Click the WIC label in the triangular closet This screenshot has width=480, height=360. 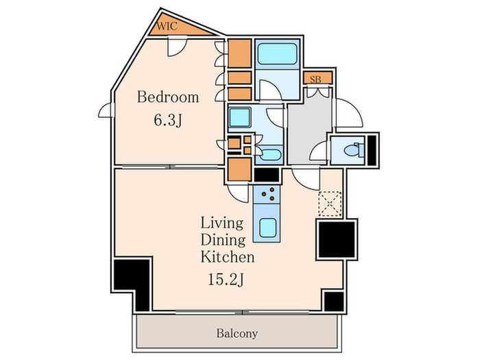tap(167, 26)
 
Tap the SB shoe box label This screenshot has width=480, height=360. tap(315, 80)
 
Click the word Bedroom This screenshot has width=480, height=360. tap(168, 97)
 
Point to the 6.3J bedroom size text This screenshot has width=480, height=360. tap(168, 120)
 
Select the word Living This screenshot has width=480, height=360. tap(222, 224)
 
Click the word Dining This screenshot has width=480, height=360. tap(223, 240)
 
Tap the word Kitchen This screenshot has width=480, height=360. tap(228, 256)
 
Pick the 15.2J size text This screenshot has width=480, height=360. tap(226, 279)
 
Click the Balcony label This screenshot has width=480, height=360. tap(237, 333)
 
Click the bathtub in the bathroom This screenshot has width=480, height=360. tap(277, 54)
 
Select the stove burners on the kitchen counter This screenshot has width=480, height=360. tap(268, 194)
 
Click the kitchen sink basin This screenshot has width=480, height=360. tap(268, 228)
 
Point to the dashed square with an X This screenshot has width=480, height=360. tap(330, 204)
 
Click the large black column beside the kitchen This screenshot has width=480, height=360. tap(337, 240)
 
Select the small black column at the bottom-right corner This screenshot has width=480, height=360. tap(334, 302)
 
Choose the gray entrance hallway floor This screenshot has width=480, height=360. tap(309, 129)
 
